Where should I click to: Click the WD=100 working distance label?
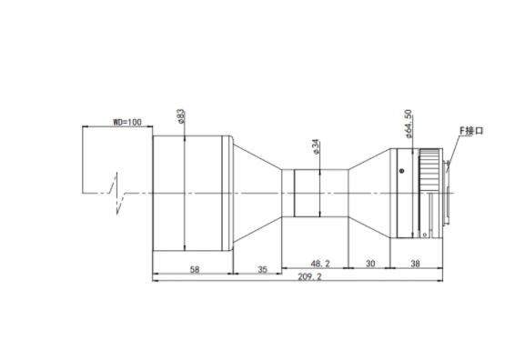[x=126, y=122]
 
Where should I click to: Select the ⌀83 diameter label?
[x=181, y=116]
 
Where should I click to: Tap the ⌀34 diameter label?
[x=316, y=146]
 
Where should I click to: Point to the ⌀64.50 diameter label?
[x=408, y=125]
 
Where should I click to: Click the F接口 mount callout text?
[x=471, y=131]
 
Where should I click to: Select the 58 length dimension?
[x=195, y=270]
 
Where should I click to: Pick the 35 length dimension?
[x=262, y=270]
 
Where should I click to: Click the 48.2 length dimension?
[x=320, y=264]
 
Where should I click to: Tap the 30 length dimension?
[x=370, y=264]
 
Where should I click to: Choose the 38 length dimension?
[x=415, y=264]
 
